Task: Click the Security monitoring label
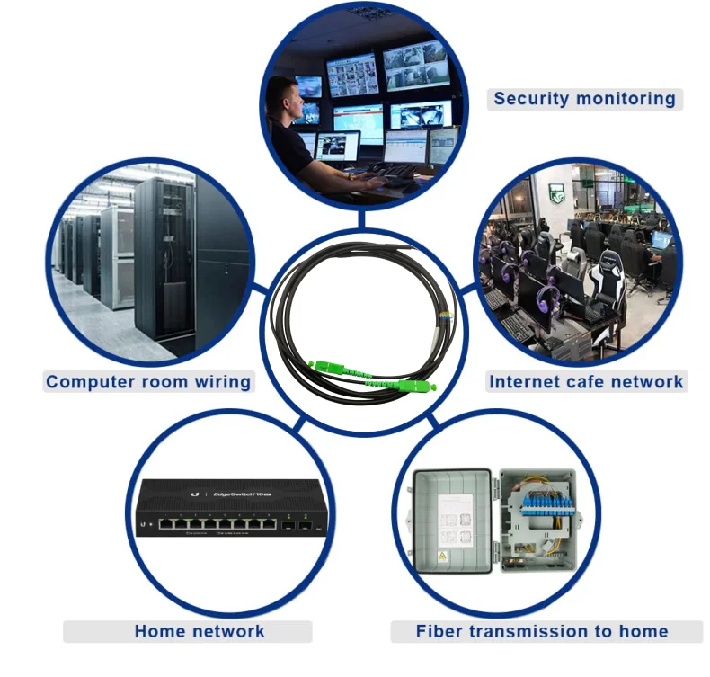coord(584,99)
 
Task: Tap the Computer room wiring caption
coord(148,381)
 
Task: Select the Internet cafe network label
coord(586,381)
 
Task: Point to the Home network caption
coord(200,631)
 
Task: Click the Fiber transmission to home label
coord(542,631)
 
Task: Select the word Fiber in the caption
coord(439,631)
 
